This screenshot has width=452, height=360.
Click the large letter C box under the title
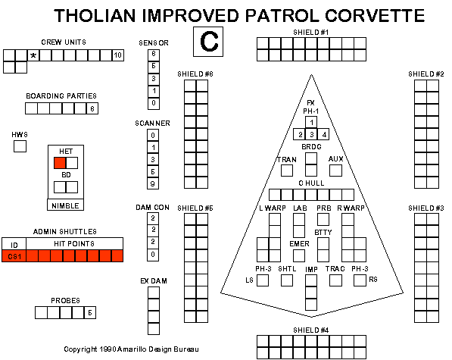[x=208, y=42]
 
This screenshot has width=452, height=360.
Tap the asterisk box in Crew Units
[x=33, y=55]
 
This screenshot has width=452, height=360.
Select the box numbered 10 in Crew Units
[x=118, y=55]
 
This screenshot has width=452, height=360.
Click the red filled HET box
[x=60, y=163]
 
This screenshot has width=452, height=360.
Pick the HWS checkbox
[x=20, y=146]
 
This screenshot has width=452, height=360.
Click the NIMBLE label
[x=65, y=205]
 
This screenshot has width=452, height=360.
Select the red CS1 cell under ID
[x=14, y=256]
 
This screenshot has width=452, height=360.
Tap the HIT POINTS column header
[x=74, y=244]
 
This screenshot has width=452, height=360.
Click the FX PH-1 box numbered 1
[x=311, y=123]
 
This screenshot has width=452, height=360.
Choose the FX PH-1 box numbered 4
[x=323, y=134]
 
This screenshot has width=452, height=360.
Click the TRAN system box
[x=287, y=171]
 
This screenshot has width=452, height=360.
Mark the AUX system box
[x=335, y=171]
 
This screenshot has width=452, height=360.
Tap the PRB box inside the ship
[x=323, y=220]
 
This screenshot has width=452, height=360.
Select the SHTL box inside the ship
[x=287, y=280]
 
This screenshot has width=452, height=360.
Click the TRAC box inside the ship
[x=335, y=280]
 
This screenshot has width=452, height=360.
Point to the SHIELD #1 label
[x=310, y=33]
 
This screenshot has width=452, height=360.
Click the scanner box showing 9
[x=153, y=183]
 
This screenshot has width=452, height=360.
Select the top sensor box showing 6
[x=154, y=55]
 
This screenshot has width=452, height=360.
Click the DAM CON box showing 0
[x=153, y=255]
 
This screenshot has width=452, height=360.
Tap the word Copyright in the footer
[x=80, y=349]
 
